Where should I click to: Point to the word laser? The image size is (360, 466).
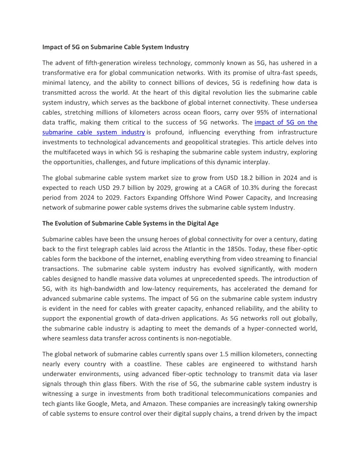pos(309,374)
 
